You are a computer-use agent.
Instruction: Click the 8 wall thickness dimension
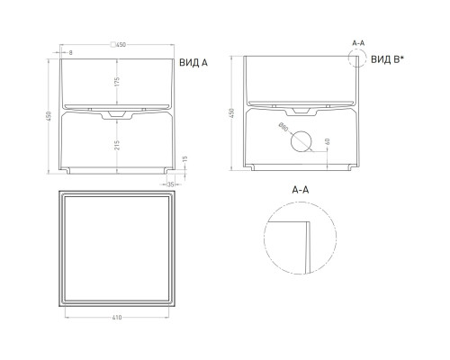click(x=70, y=53)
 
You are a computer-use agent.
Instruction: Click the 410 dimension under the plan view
click(x=117, y=316)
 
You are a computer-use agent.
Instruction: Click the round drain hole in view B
click(x=302, y=141)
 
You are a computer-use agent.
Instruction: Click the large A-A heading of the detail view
click(x=302, y=191)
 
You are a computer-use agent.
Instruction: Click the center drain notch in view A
click(x=116, y=116)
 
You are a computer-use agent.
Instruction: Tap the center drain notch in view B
click(x=302, y=116)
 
